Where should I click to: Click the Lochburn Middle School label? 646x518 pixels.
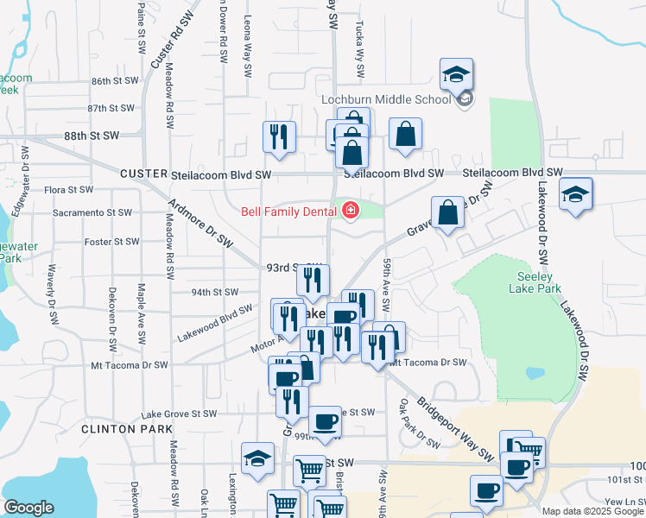click(x=386, y=99)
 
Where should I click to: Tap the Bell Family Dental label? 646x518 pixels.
click(x=288, y=211)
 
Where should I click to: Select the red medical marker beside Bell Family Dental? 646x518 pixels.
click(x=351, y=211)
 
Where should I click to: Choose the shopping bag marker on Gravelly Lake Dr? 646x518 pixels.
click(x=448, y=212)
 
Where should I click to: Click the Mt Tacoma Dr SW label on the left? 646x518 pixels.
click(x=129, y=365)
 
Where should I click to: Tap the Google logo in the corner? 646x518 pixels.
click(x=29, y=507)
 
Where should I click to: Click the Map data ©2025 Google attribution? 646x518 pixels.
click(x=592, y=511)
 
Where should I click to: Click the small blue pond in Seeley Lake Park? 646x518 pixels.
click(x=535, y=374)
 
